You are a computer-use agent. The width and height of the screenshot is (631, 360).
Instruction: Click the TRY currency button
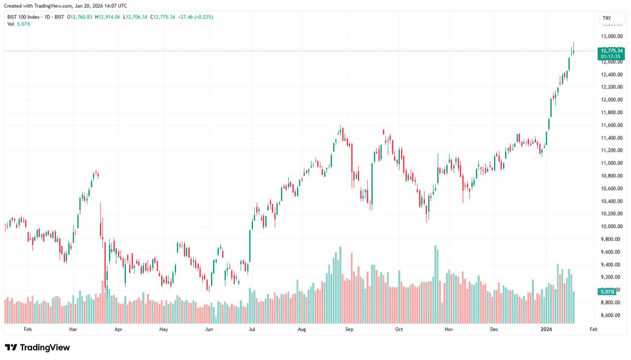pos(607,18)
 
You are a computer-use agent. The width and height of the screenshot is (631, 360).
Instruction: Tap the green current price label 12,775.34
pos(612,50)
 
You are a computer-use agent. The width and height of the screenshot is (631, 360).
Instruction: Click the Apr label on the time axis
pos(118,329)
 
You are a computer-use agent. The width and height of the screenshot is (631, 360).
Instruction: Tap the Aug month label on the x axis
pos(302,329)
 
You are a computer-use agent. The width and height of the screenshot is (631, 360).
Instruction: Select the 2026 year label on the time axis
pos(546,329)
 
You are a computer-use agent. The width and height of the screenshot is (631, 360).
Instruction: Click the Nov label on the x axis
pos(449,329)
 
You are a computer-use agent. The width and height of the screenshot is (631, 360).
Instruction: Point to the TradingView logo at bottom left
pos(37,348)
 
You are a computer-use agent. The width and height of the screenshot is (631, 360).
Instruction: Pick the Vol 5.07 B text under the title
pos(19,24)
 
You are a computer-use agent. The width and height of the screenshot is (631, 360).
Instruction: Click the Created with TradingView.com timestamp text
pos(65,6)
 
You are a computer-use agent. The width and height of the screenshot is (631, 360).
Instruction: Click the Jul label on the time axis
pos(252,329)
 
